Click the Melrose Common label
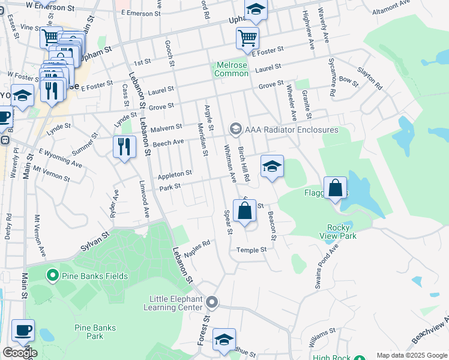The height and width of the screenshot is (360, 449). coord(232,69)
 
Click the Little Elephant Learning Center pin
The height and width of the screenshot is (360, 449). coord(211,302)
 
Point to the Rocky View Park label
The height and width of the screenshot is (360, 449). coord(342,232)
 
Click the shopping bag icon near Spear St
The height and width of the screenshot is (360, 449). coord(244,211)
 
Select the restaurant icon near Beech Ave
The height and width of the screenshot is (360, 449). coord(124,146)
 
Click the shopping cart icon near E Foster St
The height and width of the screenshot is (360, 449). coord(247,38)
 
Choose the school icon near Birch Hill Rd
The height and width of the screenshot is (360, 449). coord(272,166)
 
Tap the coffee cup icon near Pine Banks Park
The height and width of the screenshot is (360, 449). coord(23,330)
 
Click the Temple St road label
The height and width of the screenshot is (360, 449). coord(252,250)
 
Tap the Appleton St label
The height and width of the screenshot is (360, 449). coord(175,175)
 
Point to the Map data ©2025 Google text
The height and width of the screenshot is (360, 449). coord(412,355)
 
